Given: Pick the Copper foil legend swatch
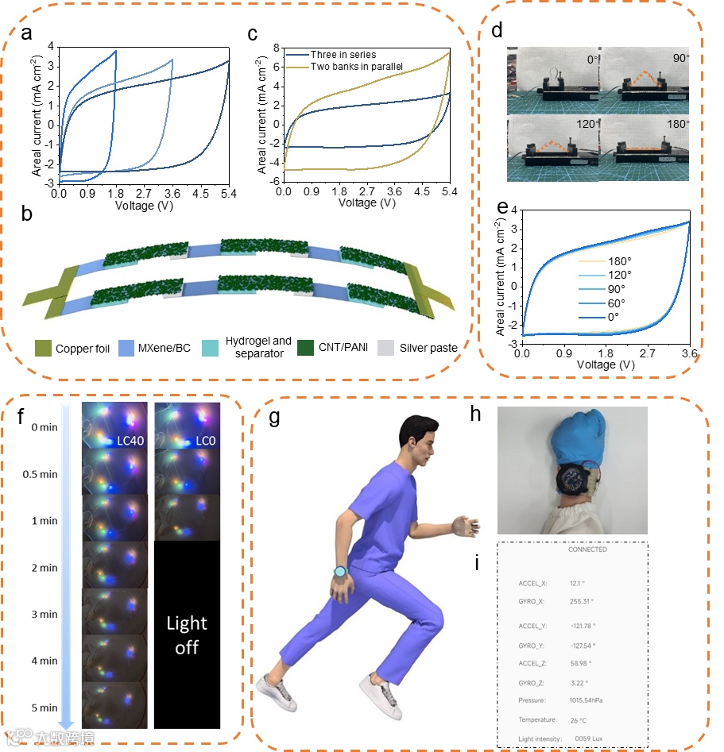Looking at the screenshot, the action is pos(45,347).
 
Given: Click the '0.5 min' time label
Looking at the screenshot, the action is pos(39,475).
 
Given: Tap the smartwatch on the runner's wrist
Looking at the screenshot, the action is pos(340,571).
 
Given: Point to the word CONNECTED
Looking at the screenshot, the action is pos(587,550).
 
